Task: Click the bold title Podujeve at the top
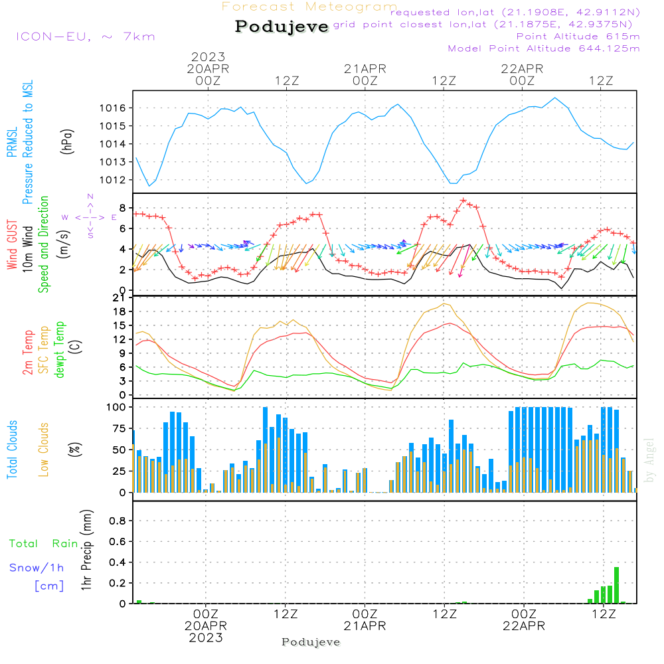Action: pyautogui.click(x=282, y=27)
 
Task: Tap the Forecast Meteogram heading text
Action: pyautogui.click(x=309, y=7)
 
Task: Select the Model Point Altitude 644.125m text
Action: pyautogui.click(x=544, y=48)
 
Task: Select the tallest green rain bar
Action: pyautogui.click(x=616, y=585)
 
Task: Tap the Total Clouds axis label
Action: pyautogui.click(x=13, y=450)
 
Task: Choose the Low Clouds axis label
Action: pyautogui.click(x=44, y=450)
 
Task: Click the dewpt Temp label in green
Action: pyautogui.click(x=60, y=351)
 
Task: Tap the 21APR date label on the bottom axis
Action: pyautogui.click(x=365, y=625)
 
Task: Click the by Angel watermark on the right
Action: pyautogui.click(x=650, y=461)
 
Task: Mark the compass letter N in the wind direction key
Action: pyautogui.click(x=90, y=197)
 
